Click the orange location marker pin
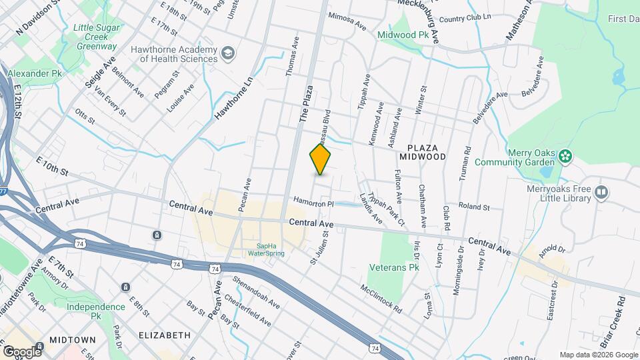321,159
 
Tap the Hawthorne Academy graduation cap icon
229,53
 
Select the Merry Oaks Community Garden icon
566,157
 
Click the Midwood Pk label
403,34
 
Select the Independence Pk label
95,311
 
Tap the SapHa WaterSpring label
266,249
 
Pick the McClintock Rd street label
381,299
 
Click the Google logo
22,351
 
